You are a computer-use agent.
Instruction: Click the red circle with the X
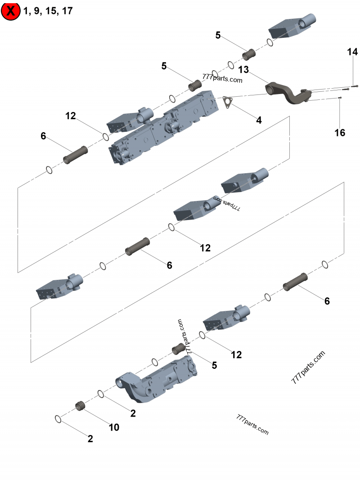(x=11, y=11)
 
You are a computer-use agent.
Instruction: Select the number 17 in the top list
(x=67, y=11)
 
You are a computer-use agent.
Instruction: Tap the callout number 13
(x=243, y=70)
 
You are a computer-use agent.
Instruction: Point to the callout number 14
(x=352, y=52)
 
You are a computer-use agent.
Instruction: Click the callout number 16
(x=340, y=132)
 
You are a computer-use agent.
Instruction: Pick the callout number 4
(x=259, y=120)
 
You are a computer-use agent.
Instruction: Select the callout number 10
(x=114, y=427)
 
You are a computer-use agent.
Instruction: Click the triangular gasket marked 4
(x=227, y=102)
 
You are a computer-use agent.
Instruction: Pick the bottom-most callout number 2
(x=90, y=439)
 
